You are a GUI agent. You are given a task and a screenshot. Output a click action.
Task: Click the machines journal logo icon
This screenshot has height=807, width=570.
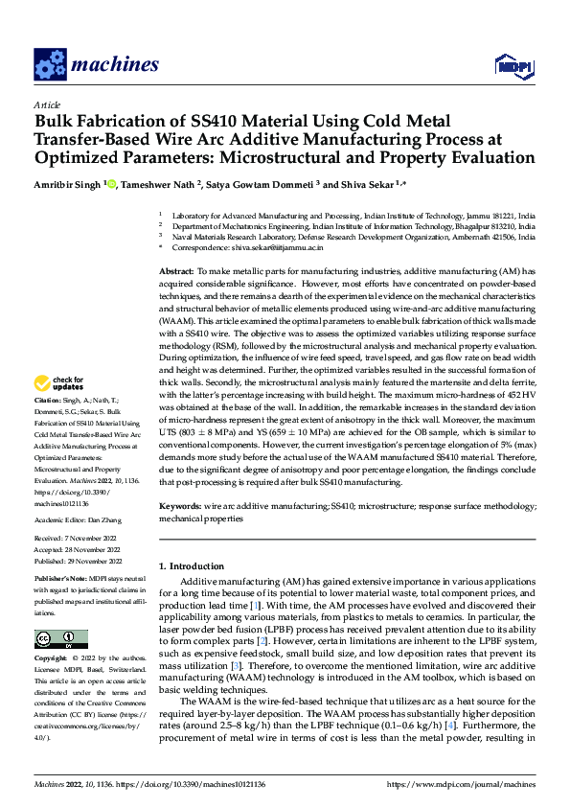click(x=47, y=64)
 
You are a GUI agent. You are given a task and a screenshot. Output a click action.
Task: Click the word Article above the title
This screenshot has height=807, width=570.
click(x=47, y=104)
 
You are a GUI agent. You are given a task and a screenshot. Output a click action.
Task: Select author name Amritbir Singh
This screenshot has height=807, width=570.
click(x=67, y=184)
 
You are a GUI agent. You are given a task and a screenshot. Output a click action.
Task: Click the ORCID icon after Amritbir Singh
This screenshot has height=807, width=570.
click(x=112, y=184)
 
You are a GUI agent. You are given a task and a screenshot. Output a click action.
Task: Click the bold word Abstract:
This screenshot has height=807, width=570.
click(x=176, y=272)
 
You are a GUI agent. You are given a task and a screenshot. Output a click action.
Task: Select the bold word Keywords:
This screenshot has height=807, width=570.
click(x=180, y=505)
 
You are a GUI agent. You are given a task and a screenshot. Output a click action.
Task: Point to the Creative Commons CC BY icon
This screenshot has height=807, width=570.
click(x=61, y=639)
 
